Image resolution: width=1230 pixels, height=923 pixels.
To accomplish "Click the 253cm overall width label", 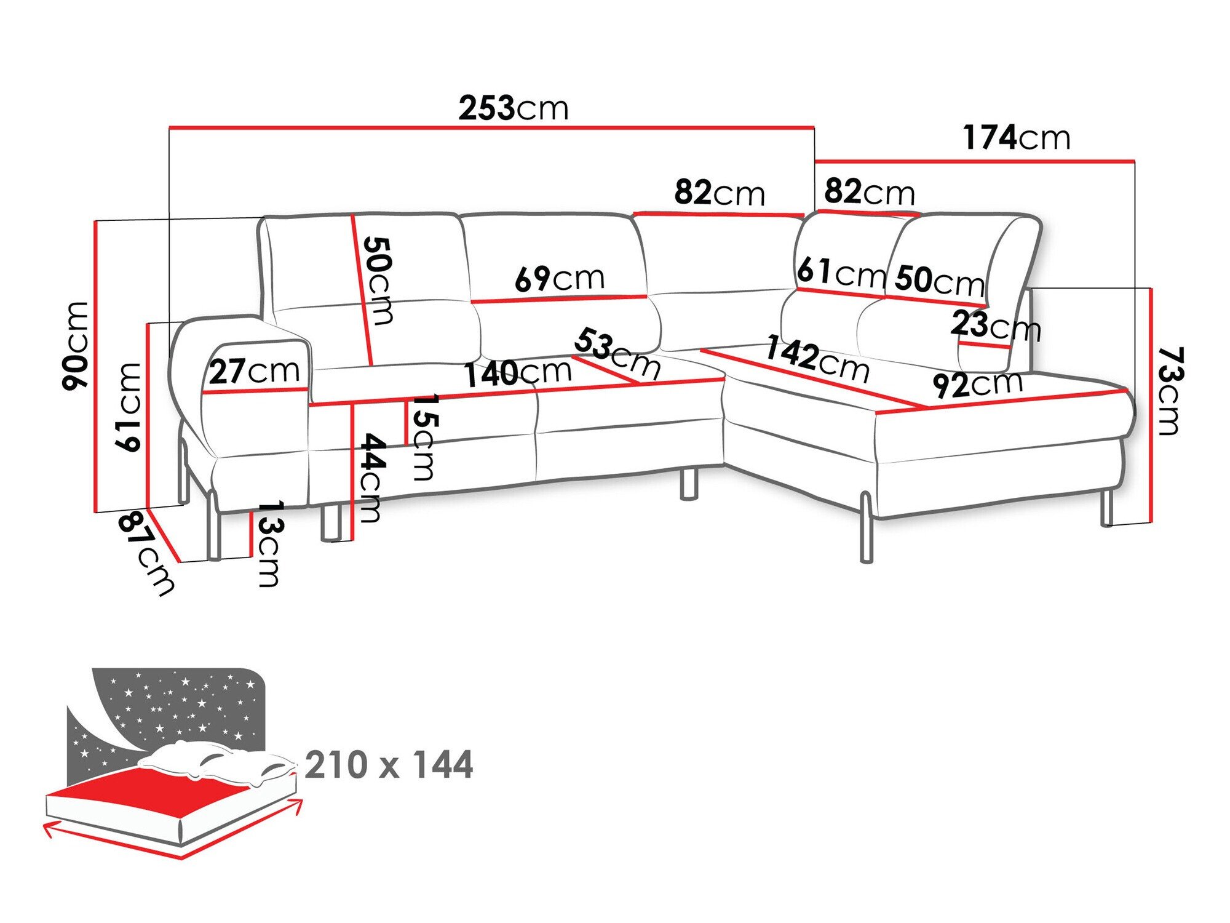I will coord(514,108).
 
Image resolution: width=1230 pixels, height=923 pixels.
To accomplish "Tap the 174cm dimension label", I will coord(1016,138).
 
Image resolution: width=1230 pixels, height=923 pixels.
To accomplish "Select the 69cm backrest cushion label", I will coord(560,279).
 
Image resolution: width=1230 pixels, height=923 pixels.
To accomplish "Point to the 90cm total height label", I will coord(76,345).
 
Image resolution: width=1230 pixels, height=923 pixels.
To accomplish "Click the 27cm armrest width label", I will coord(254,372).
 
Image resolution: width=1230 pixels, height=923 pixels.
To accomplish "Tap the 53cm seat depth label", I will coord(617,353).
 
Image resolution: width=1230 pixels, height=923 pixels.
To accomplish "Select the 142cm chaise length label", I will coord(817,360).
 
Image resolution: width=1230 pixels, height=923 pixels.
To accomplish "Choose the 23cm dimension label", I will coord(994,326).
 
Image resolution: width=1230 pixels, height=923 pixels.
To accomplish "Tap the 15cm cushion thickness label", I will coord(424,437).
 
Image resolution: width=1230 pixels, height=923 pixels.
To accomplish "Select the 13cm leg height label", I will coord(269,543).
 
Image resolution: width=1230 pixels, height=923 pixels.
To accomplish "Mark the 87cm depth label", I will coord(146,554).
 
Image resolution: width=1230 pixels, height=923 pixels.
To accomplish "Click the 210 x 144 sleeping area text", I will coord(389,765).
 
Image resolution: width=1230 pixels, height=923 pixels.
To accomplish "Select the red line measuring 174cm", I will coord(974,162).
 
